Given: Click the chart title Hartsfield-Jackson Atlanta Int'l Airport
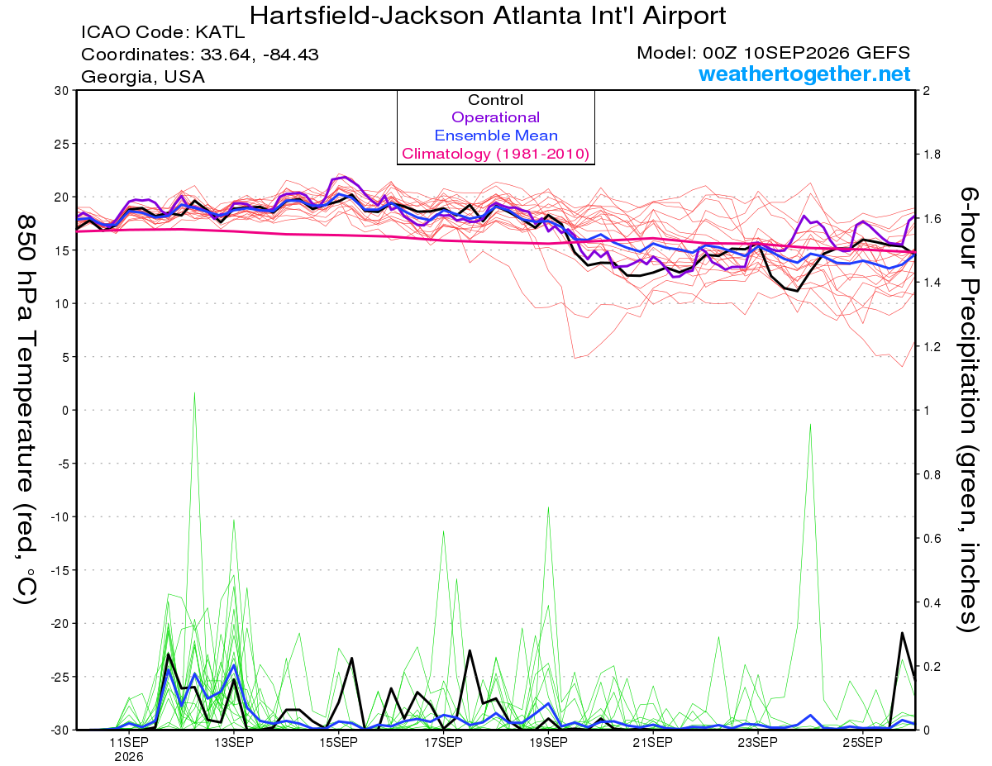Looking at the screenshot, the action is pos(487,16).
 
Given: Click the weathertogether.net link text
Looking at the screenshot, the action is pos(804,74).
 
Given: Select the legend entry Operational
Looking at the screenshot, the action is pos(495,117).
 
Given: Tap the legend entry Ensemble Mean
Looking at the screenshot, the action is pos(496,136).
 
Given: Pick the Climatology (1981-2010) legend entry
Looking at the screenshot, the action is pos(496,154).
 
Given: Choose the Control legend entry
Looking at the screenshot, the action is pos(495,100).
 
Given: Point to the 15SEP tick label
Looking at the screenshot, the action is pos(338,743).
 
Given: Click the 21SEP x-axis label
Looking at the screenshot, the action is pos(653,743).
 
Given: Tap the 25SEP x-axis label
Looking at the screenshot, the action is pos(862,743).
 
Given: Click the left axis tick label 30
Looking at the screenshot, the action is pos(62,91).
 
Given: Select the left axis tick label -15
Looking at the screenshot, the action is pos(59,570).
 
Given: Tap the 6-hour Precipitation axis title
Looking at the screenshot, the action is pos(969,410).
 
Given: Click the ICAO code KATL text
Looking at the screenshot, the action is pos(163,32).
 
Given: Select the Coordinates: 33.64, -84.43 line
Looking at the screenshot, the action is pos(200,55).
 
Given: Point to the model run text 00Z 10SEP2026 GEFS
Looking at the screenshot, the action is pos(806,53).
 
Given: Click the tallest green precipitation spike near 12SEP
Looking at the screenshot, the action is pos(194,393).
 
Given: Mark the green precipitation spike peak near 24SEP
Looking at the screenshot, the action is pos(810,424).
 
